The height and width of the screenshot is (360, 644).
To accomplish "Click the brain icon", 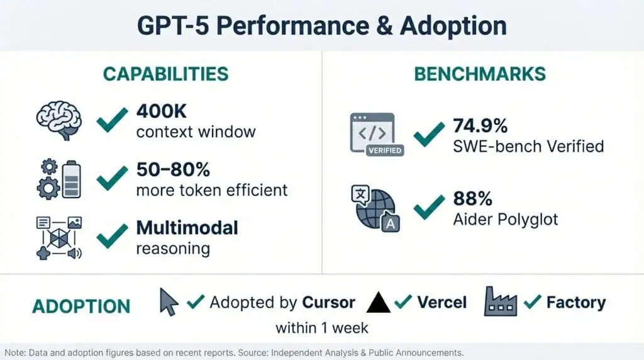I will point(58,121).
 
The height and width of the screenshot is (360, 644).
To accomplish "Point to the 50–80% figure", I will point(173,170).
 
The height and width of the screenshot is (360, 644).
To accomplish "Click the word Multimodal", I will point(187,227).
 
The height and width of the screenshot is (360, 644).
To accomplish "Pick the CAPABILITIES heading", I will point(165,74).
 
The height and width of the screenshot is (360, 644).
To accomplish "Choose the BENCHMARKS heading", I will point(480,74).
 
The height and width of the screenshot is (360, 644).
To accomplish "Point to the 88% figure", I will point(472,199).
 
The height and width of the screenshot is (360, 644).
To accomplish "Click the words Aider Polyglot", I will point(506,219).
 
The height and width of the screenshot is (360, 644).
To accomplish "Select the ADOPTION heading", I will point(81,307).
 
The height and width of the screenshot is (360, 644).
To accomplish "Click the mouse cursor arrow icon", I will point(169,301).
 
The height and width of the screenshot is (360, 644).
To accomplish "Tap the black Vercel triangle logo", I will point(378,303).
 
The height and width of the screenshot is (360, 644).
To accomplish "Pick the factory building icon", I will point(500,301).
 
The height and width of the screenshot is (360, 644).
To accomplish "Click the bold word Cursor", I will point(328,302).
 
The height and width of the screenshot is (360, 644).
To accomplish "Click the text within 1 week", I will point(321,328).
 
